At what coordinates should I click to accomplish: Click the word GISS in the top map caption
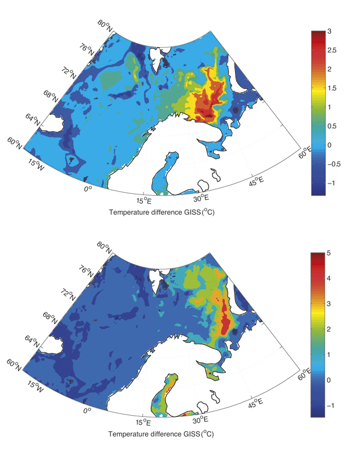click(x=186, y=212)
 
